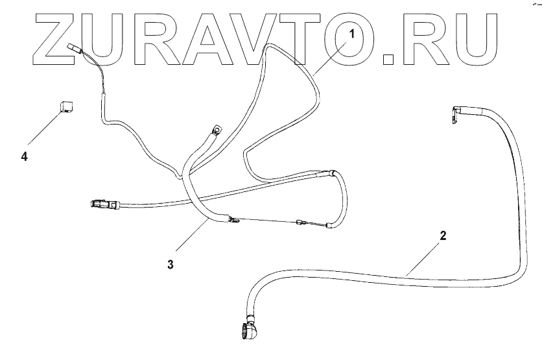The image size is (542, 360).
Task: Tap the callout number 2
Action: click(443, 235)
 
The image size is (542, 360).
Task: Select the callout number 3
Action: click(171, 264)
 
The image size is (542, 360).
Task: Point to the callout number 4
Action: click(24, 156)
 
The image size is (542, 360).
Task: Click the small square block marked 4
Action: click(65, 106)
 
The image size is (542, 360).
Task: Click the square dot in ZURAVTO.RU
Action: click(389, 58)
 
